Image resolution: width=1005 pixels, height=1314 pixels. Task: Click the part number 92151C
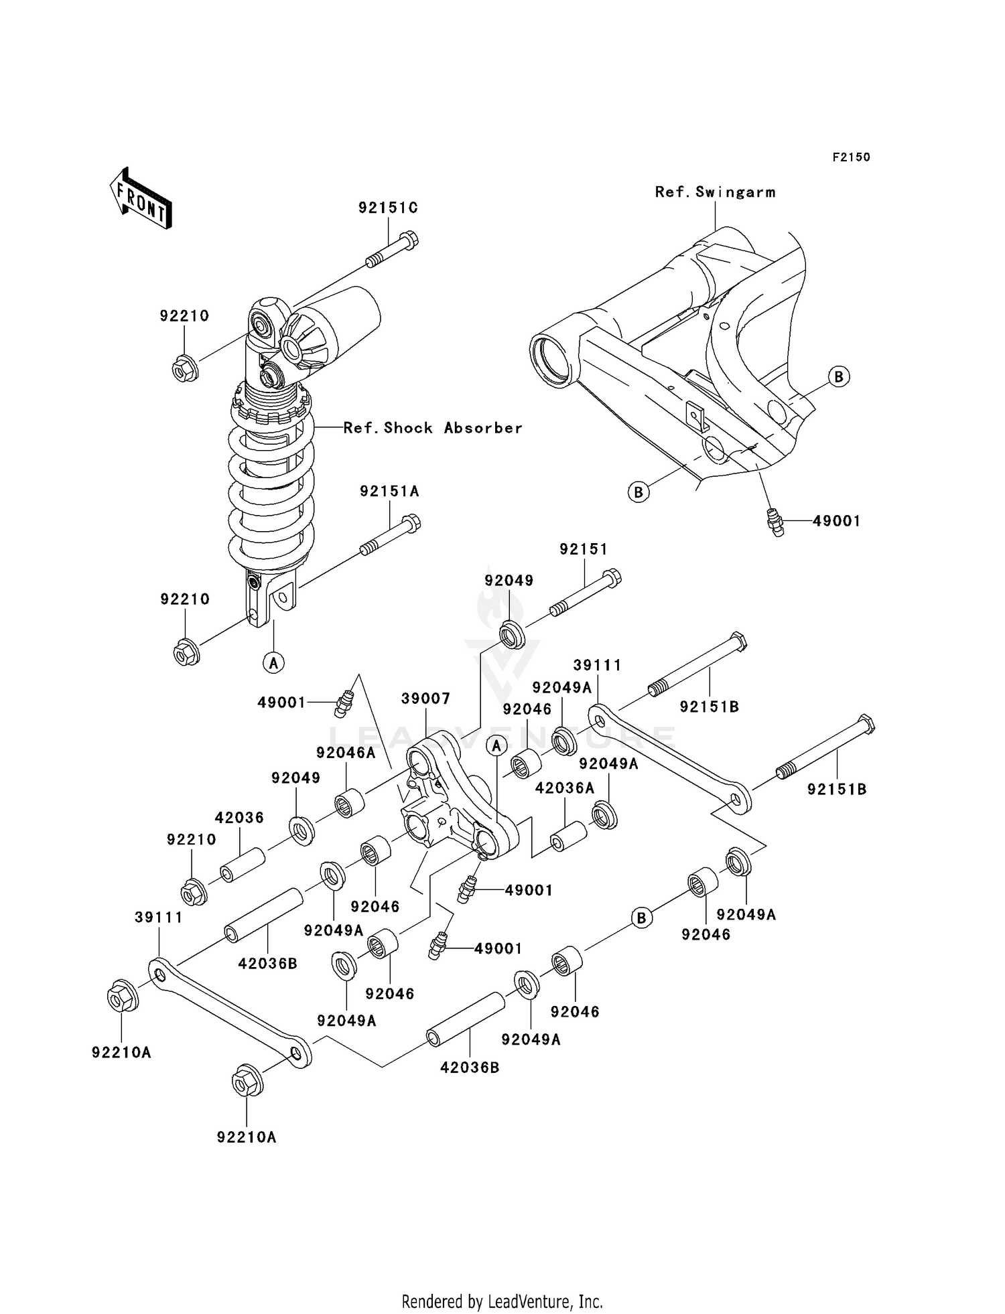click(x=388, y=208)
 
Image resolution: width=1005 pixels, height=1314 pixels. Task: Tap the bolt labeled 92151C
click(x=393, y=249)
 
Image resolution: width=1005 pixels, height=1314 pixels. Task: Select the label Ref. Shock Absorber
click(x=432, y=428)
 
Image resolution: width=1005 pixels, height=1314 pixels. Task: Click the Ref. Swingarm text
click(x=715, y=192)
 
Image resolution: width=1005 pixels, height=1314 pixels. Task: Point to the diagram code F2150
click(x=851, y=157)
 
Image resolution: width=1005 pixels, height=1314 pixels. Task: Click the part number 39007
click(x=425, y=699)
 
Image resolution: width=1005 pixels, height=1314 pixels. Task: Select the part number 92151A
click(x=389, y=492)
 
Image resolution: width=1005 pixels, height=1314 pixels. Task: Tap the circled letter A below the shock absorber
click(x=273, y=663)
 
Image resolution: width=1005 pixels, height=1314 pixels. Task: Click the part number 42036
click(x=239, y=818)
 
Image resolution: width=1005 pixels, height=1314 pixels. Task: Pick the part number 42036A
click(x=564, y=788)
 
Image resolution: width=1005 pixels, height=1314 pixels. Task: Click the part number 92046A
click(x=346, y=753)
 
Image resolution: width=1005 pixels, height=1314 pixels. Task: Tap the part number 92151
click(x=584, y=550)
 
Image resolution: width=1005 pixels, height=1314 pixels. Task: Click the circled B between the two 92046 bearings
click(x=641, y=918)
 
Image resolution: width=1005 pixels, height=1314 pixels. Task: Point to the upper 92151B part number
click(x=709, y=707)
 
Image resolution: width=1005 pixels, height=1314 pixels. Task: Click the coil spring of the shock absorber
click(x=271, y=482)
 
